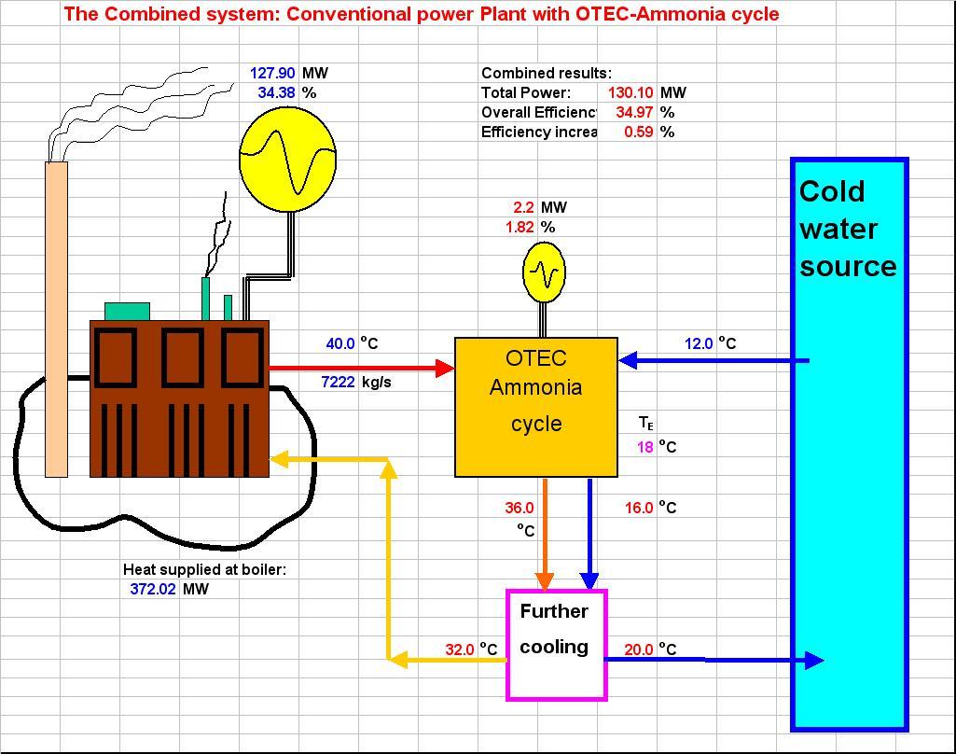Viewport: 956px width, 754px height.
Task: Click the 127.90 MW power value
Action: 272,73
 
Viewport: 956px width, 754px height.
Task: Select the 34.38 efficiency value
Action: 276,92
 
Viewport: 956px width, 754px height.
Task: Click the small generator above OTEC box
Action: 543,272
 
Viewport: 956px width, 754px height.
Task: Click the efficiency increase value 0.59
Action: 638,132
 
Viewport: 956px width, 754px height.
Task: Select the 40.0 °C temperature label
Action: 339,343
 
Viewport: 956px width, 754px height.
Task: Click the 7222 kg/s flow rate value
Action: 338,382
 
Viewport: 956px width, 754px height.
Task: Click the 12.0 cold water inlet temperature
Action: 699,343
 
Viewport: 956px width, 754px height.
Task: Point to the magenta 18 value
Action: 645,447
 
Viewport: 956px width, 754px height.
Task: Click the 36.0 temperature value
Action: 520,508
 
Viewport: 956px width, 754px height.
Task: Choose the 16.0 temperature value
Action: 639,508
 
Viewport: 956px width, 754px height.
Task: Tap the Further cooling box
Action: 556,644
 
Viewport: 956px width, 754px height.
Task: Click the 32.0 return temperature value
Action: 460,649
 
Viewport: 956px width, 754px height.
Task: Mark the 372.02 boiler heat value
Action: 153,589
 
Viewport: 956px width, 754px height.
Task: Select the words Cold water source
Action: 847,229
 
